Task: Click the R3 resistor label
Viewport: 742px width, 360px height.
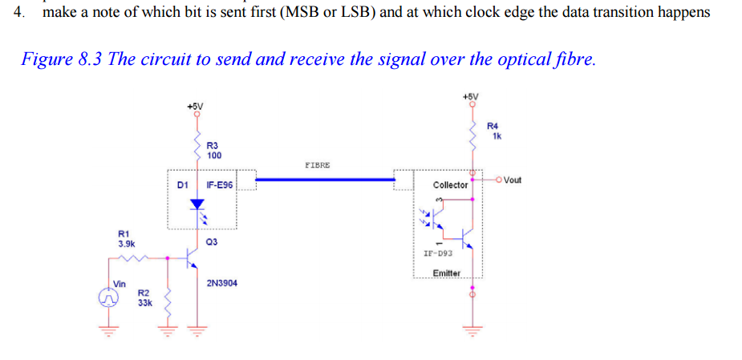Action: click(x=213, y=145)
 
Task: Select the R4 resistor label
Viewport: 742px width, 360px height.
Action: click(x=493, y=126)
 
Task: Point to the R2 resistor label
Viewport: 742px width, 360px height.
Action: click(x=143, y=293)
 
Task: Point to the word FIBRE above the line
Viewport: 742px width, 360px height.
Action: click(x=317, y=164)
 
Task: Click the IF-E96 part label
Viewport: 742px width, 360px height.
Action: click(x=219, y=184)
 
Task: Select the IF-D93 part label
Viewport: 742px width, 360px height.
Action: click(x=438, y=253)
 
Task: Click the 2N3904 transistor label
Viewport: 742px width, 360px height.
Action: click(x=221, y=283)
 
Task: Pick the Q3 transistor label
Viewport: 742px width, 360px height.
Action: click(x=212, y=241)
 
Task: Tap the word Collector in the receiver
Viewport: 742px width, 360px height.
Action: click(x=450, y=184)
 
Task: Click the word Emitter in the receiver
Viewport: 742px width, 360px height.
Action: click(x=446, y=273)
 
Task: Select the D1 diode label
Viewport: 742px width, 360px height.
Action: click(x=182, y=184)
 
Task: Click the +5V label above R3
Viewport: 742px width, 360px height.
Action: click(x=194, y=105)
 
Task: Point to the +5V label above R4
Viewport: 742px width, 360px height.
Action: click(x=471, y=96)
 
